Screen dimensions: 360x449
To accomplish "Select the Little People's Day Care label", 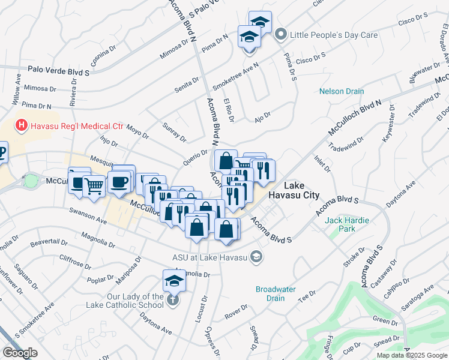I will pos(334,35).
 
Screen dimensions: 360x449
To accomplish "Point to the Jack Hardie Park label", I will pos(345,224).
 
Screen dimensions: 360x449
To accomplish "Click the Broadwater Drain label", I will pos(276,293).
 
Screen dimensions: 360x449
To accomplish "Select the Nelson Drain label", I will pos(342,91).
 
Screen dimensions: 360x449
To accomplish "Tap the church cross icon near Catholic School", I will pos(173,301).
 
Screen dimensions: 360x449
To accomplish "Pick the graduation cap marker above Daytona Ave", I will pos(175,280).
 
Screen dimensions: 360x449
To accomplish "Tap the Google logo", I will pos(20,353).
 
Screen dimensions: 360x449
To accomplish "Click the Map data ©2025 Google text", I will pos(411,355).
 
